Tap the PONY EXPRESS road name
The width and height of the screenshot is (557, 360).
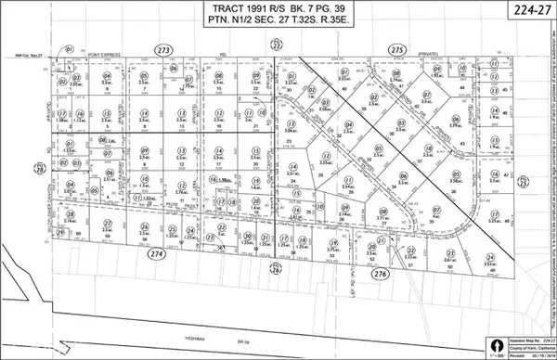(x=96, y=56)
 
